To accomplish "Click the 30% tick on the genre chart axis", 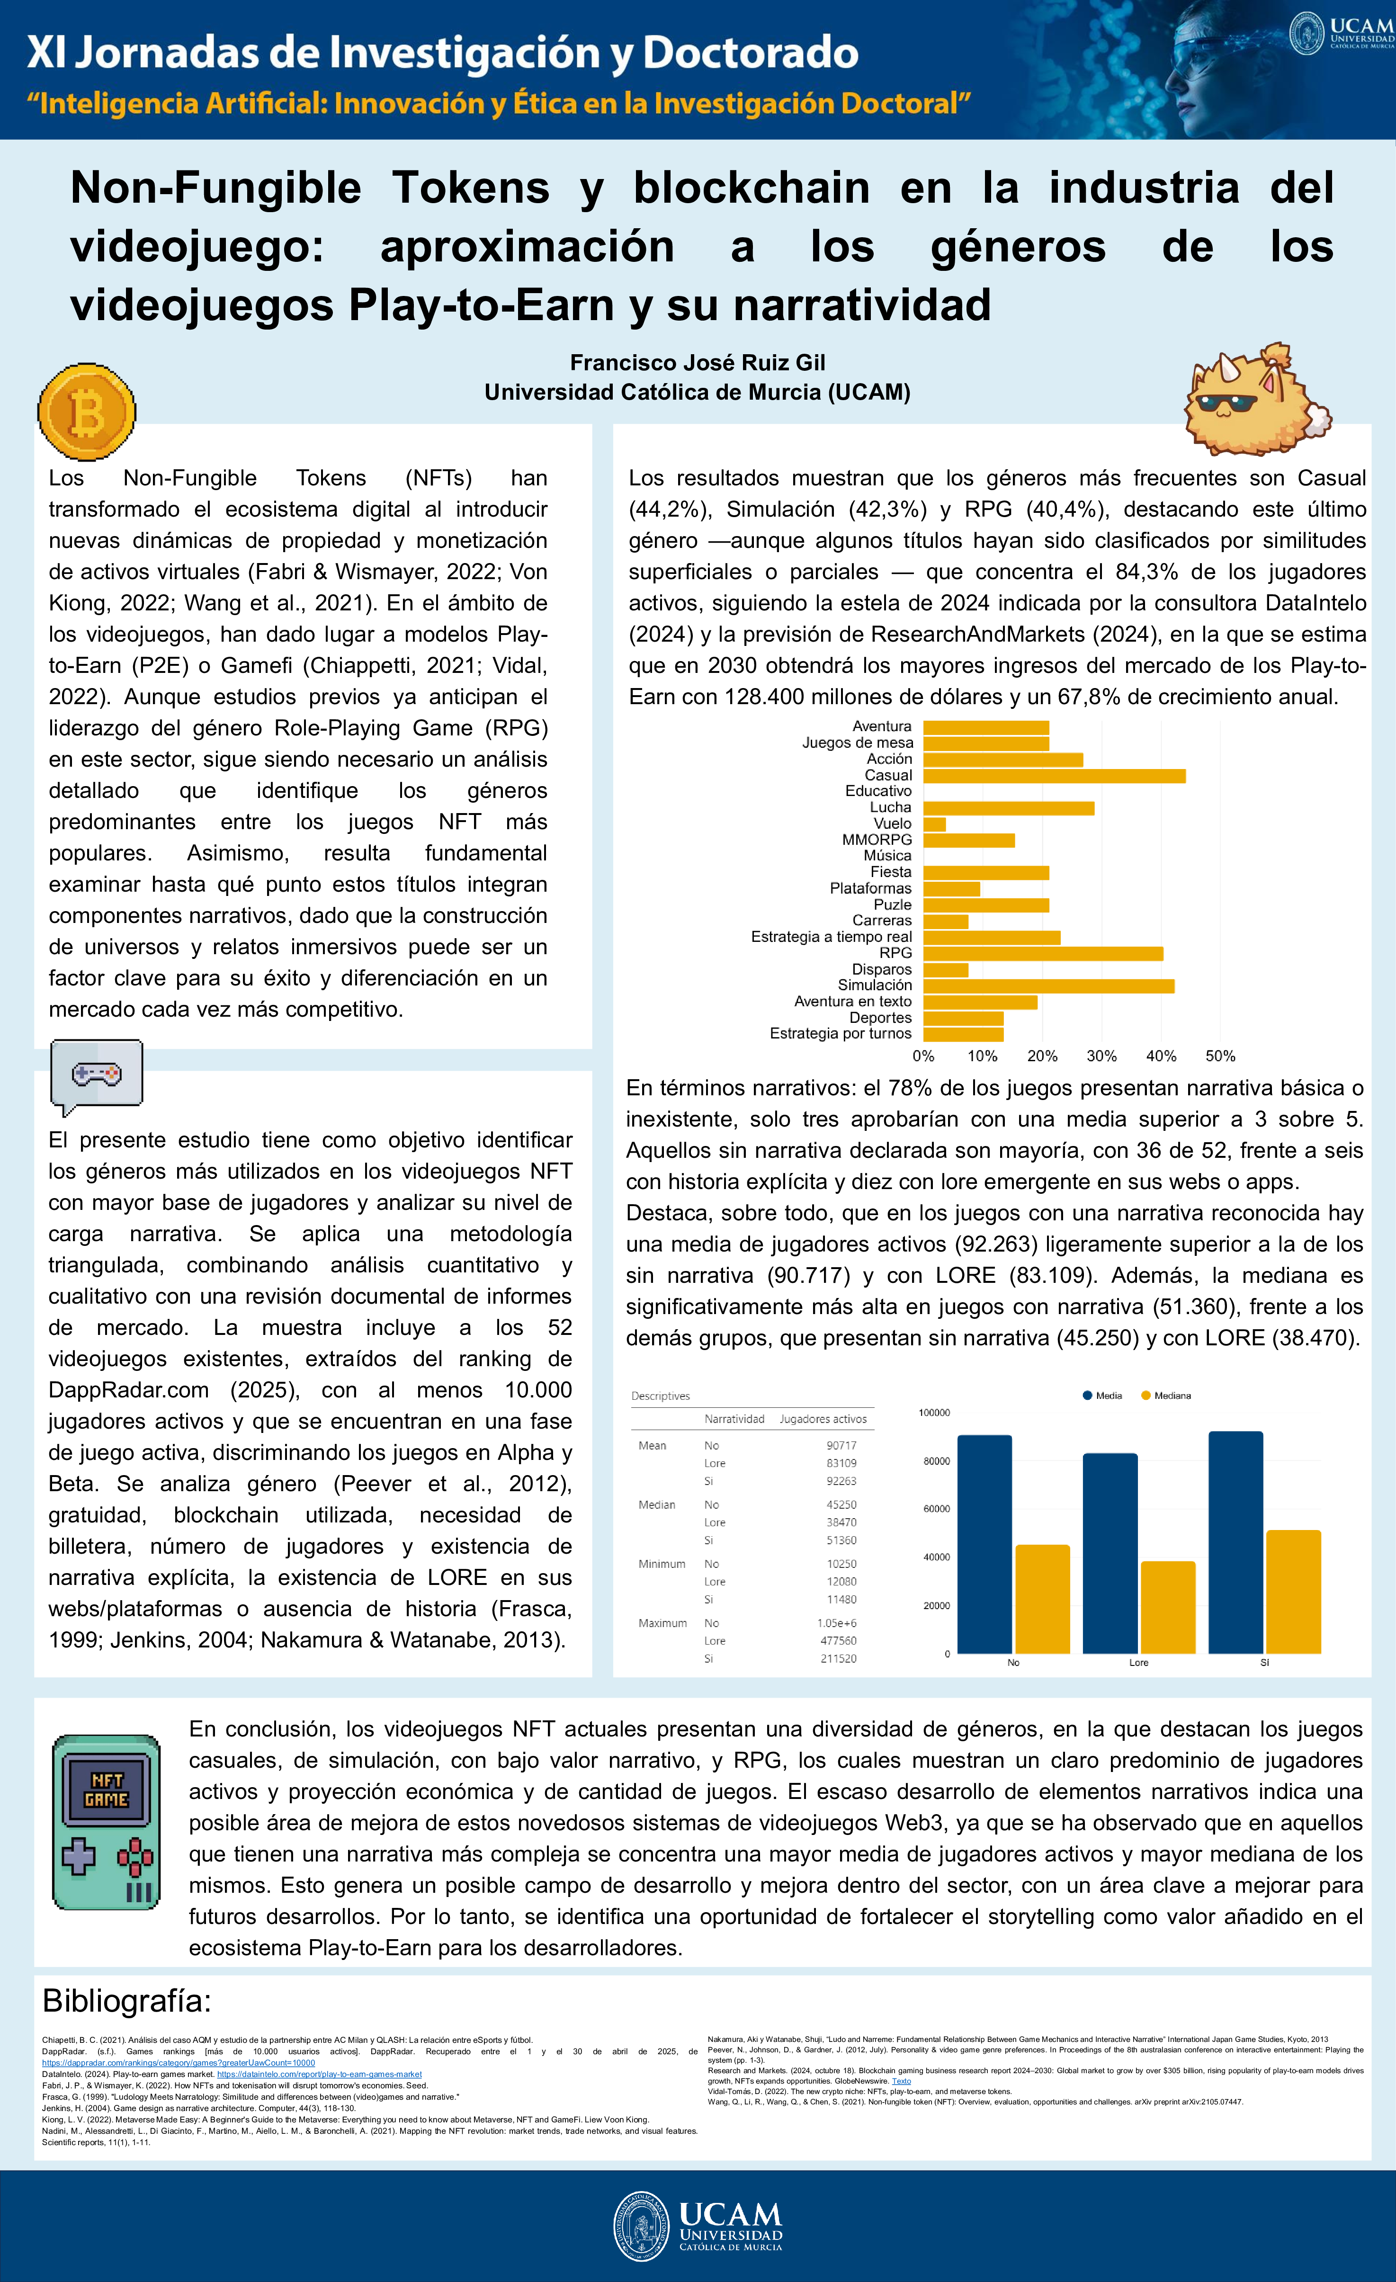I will click(1101, 1056).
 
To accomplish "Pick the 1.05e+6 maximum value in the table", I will click(836, 1622).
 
